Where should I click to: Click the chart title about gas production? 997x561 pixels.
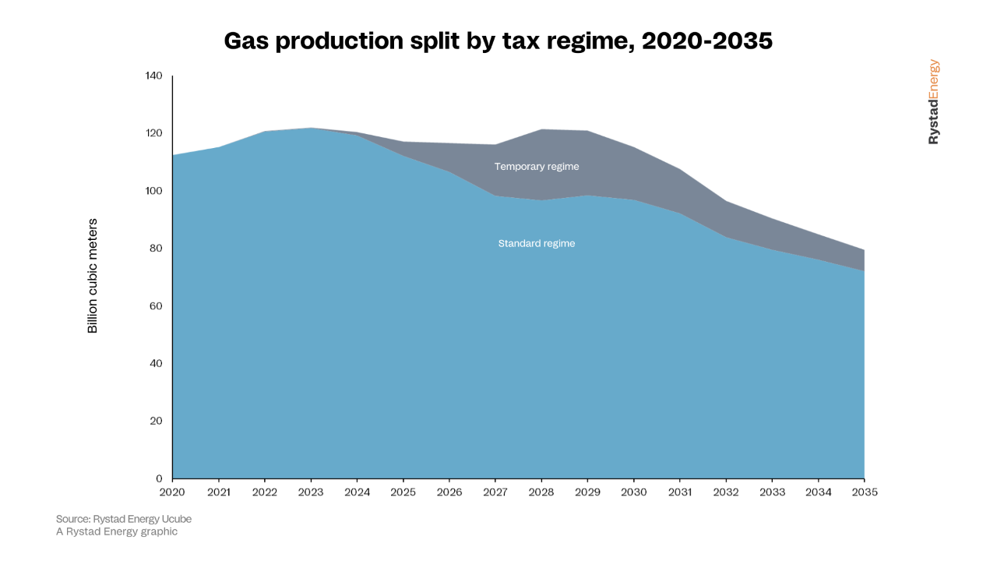(498, 41)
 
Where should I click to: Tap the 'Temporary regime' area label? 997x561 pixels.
(536, 167)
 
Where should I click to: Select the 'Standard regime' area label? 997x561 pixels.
(536, 244)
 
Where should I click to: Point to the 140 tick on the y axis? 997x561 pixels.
(153, 76)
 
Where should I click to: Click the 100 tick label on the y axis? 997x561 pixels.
(153, 191)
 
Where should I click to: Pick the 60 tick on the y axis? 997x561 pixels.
(156, 306)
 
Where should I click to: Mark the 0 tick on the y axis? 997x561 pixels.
(159, 478)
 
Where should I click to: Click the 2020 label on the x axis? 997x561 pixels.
(172, 492)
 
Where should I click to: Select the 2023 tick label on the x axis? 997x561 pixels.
(311, 492)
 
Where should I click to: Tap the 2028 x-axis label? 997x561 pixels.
(541, 492)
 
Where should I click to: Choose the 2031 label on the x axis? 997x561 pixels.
(680, 492)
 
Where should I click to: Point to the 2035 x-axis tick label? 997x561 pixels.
(864, 492)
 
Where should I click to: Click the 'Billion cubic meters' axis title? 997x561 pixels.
(93, 277)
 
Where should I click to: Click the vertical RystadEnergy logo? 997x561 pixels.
(933, 102)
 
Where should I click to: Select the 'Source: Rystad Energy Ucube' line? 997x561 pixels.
(123, 519)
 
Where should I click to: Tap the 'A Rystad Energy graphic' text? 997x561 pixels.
(117, 531)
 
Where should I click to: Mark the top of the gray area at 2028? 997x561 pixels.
(541, 129)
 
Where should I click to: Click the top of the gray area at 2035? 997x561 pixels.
(863, 250)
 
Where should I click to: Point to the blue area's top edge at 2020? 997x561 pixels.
(173, 155)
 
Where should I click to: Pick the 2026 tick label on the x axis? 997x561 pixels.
(449, 492)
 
